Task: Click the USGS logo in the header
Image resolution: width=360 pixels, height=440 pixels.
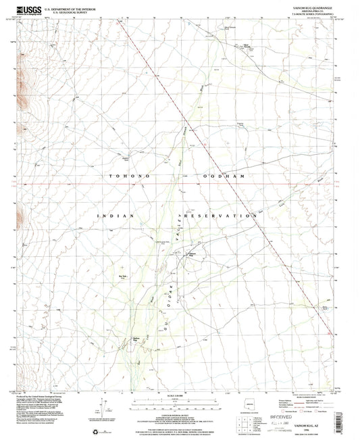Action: (28, 9)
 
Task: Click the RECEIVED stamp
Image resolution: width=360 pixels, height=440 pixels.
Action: (288, 408)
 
